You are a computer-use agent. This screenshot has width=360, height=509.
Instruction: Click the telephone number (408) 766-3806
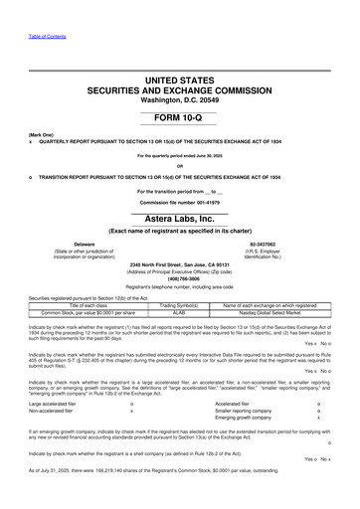point(180,279)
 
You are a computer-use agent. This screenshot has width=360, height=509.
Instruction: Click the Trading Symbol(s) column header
point(181,306)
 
